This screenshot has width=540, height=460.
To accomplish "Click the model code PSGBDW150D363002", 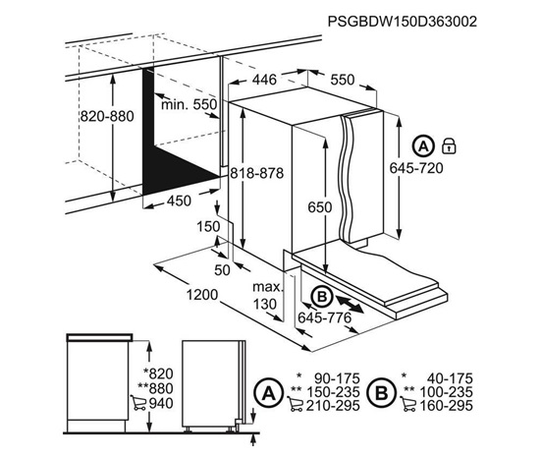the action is pyautogui.click(x=403, y=22).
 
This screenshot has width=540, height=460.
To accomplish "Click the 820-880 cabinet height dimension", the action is pyautogui.click(x=107, y=116).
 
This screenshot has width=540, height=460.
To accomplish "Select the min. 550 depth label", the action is pyautogui.click(x=189, y=104).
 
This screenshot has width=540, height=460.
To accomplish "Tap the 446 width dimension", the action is pyautogui.click(x=264, y=80).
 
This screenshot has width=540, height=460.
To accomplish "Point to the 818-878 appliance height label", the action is pyautogui.click(x=257, y=173).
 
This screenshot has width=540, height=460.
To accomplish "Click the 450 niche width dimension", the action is pyautogui.click(x=179, y=201).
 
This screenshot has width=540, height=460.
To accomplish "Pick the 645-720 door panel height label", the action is pyautogui.click(x=416, y=168).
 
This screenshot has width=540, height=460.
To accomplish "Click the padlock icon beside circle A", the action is pyautogui.click(x=449, y=145).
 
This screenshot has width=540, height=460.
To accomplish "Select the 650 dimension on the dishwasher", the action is pyautogui.click(x=320, y=207).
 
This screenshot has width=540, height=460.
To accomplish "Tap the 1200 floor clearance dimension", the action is pyautogui.click(x=202, y=295).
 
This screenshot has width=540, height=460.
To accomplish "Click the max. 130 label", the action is pyautogui.click(x=267, y=296).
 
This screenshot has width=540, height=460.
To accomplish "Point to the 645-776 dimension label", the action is pyautogui.click(x=324, y=317).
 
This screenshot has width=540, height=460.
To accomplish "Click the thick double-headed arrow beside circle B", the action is pyautogui.click(x=350, y=304).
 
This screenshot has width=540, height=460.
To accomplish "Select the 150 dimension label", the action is pyautogui.click(x=208, y=226).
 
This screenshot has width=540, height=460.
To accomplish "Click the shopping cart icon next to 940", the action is pyautogui.click(x=138, y=403).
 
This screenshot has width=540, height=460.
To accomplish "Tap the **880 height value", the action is pyautogui.click(x=155, y=388).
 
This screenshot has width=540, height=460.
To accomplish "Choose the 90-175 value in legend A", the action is pyautogui.click(x=338, y=378).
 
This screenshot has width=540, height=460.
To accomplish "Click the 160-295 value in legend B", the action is pyautogui.click(x=446, y=406).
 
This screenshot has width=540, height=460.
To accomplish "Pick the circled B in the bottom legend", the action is pyautogui.click(x=382, y=392).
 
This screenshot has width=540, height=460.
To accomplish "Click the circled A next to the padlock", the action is pyautogui.click(x=422, y=146).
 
